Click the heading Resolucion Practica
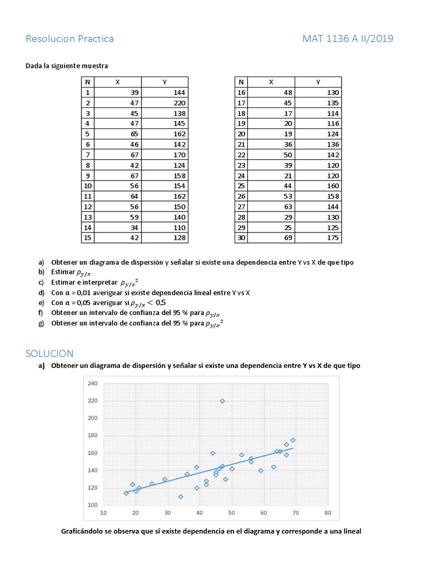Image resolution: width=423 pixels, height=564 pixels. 70,39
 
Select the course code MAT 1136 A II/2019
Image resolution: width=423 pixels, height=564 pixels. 348,39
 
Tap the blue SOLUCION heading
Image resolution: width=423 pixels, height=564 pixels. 50,353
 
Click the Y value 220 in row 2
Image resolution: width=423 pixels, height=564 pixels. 180,103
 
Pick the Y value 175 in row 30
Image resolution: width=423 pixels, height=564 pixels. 333,238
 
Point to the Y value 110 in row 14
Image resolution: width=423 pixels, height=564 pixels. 180,227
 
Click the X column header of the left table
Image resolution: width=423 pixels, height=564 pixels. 117,82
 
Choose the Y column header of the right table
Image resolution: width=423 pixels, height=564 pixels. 318,82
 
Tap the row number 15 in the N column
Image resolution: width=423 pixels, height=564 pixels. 87,238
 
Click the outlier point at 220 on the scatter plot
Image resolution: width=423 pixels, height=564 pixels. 222,401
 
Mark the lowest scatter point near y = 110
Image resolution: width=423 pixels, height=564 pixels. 181,496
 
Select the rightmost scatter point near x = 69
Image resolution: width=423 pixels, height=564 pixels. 292,440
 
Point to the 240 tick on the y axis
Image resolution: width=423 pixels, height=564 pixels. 92,383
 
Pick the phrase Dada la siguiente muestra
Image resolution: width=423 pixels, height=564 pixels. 67,66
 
